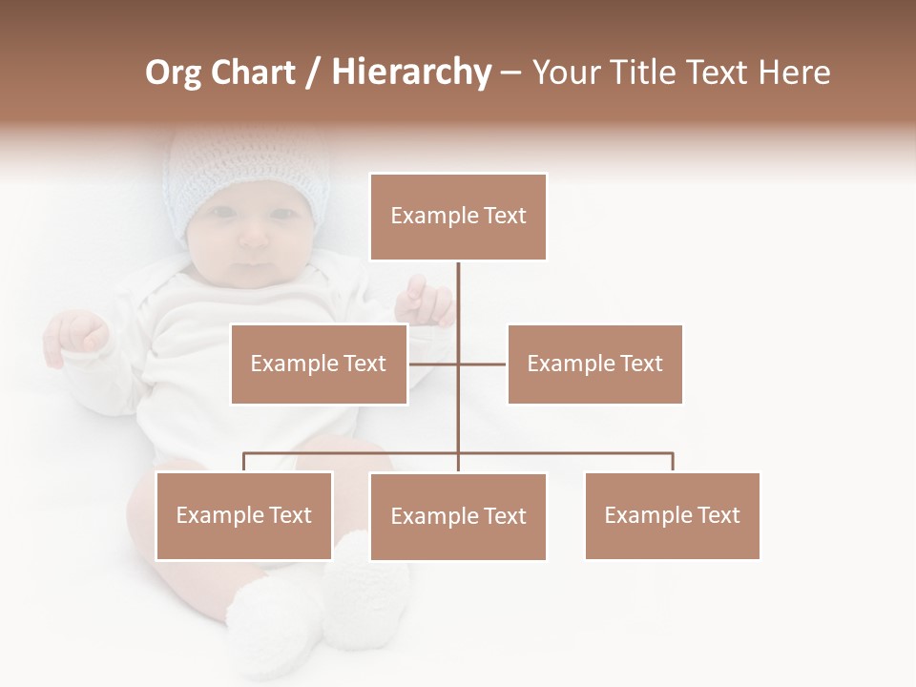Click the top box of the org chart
[x=458, y=217]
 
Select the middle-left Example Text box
[x=319, y=364]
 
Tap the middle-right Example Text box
[x=594, y=364]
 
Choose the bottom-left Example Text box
[x=244, y=515]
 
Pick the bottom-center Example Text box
[x=458, y=516]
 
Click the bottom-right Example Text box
[x=672, y=515]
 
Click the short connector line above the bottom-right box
[x=673, y=462]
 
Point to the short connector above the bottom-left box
[x=244, y=462]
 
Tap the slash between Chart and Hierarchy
[x=313, y=73]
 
